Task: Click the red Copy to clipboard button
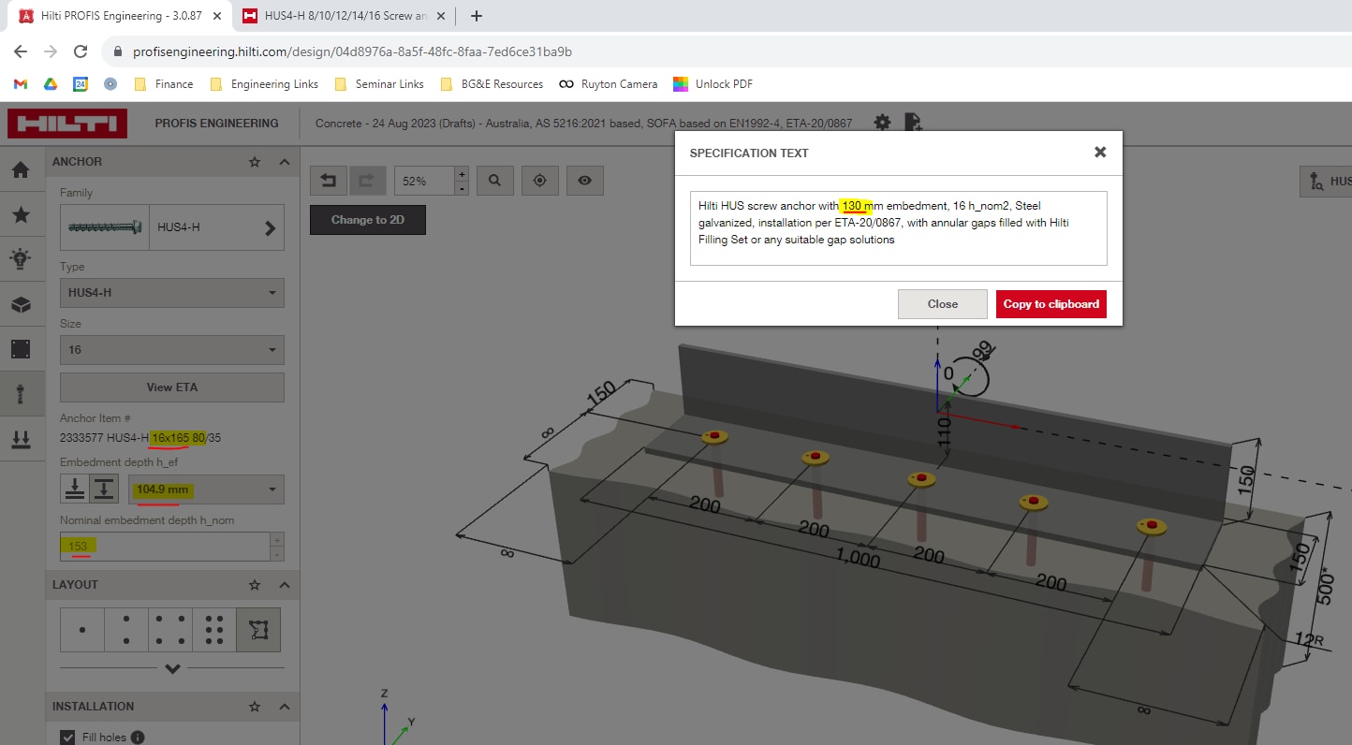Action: [x=1051, y=304]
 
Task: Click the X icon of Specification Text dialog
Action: [x=1100, y=152]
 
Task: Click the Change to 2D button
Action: [x=367, y=220]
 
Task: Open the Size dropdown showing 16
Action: [x=171, y=350]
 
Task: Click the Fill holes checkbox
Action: [x=67, y=738]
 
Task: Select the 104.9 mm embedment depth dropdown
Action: [x=206, y=489]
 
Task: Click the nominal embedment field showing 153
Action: [x=164, y=547]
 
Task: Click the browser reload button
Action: [x=81, y=52]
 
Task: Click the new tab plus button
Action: [x=477, y=16]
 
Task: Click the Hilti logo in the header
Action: [x=67, y=124]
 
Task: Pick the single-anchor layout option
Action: [x=82, y=630]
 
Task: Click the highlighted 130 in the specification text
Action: [x=851, y=206]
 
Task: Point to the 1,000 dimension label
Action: [x=857, y=559]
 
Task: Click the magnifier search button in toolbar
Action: [x=494, y=181]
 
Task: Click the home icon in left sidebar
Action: [x=21, y=169]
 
